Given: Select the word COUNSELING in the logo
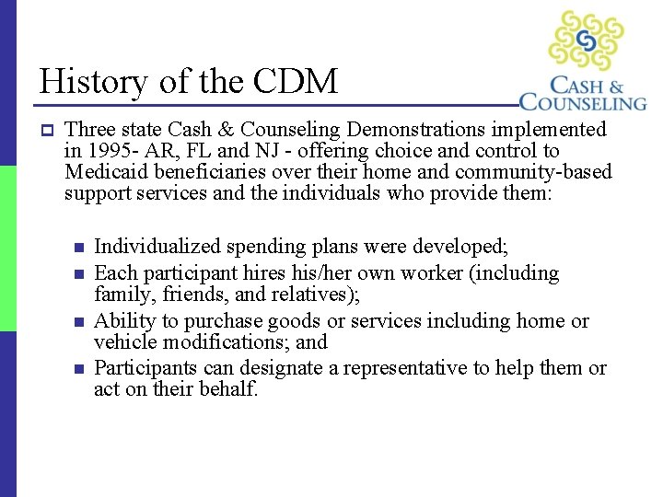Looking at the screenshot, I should click(583, 101).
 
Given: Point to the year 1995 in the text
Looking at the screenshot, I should click(104, 151).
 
